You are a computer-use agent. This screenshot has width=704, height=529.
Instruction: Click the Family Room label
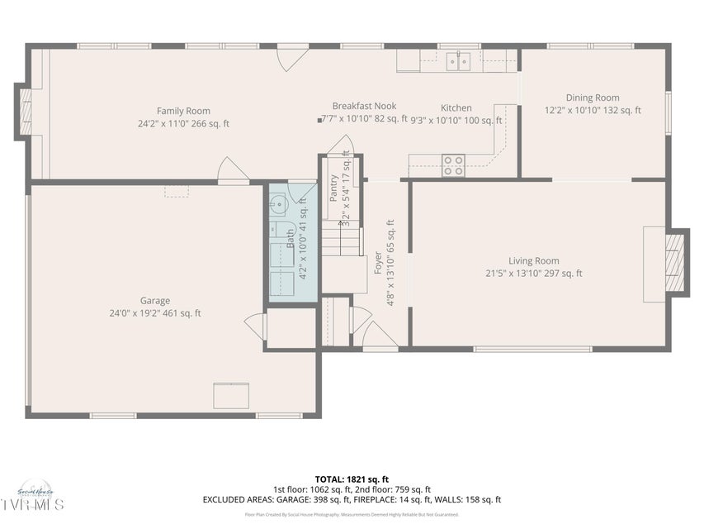tap(183, 111)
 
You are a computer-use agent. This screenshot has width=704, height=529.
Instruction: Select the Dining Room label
tap(592, 98)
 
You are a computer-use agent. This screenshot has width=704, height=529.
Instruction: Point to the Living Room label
tap(533, 261)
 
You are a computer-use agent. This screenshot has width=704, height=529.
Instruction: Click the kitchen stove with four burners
tap(453, 165)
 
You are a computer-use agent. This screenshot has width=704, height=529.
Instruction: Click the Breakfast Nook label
tap(364, 106)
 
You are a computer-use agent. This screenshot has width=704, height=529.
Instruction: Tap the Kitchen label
tap(456, 108)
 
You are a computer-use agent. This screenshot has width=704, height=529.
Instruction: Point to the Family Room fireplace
tap(24, 110)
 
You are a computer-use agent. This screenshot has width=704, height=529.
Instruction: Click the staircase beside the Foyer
tap(342, 242)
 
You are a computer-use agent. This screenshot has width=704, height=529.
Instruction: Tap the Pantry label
tap(333, 189)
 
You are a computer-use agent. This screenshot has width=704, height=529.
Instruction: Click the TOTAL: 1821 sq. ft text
tap(352, 479)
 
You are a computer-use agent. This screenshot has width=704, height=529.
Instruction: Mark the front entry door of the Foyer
tap(380, 336)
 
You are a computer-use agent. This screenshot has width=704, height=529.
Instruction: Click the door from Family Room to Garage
tap(233, 169)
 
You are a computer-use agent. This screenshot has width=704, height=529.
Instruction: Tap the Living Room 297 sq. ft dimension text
tap(533, 274)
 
